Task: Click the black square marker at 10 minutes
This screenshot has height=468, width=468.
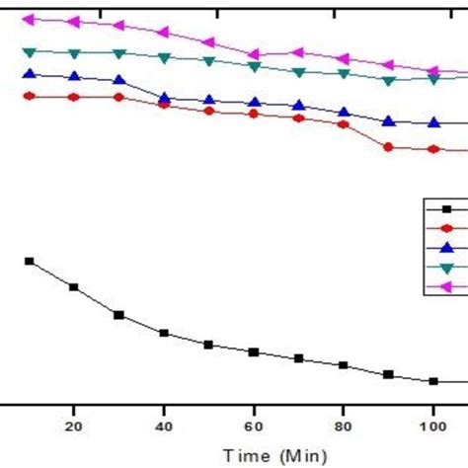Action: tap(29, 261)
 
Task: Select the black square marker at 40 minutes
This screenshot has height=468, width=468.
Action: tap(164, 334)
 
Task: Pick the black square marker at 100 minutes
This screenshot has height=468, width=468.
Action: tap(433, 381)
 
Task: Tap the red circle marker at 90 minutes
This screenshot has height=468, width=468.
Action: tap(388, 147)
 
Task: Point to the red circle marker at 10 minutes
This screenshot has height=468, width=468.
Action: tap(29, 96)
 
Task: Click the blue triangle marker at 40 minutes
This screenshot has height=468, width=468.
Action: tap(164, 98)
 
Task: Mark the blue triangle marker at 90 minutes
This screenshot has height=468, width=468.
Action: tap(388, 120)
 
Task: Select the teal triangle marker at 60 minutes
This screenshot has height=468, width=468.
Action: tap(254, 67)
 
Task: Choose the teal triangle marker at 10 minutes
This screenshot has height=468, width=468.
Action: tap(29, 51)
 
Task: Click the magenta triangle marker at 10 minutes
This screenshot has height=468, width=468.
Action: tap(29, 19)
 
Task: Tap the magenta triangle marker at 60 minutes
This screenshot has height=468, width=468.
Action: tap(254, 54)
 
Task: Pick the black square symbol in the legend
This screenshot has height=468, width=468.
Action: tap(445, 208)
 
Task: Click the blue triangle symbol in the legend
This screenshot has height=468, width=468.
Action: tap(445, 248)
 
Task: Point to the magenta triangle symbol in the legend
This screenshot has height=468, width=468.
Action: tap(445, 287)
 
